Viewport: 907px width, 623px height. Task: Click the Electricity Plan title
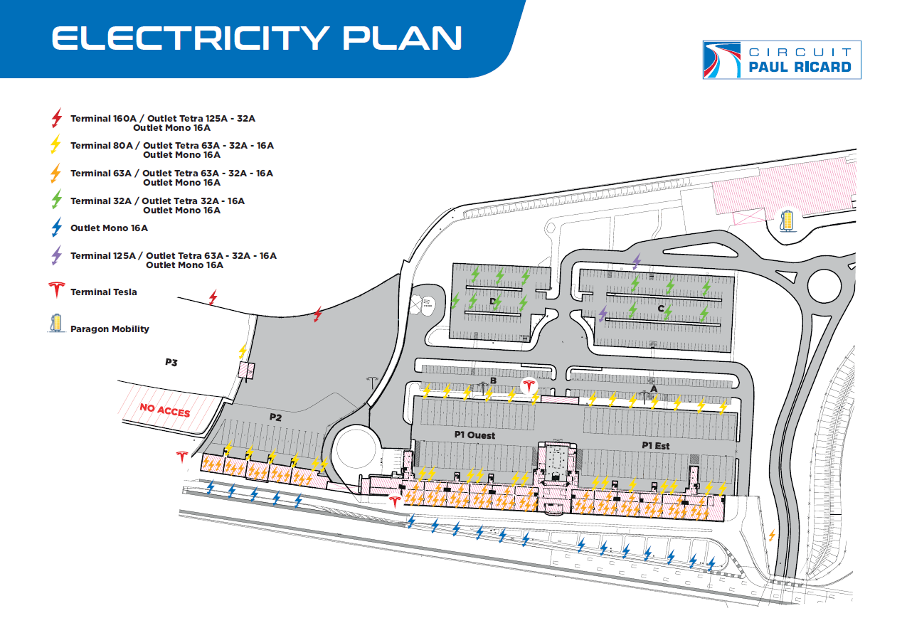[x=258, y=38]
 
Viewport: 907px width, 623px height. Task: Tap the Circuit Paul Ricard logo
[x=781, y=60]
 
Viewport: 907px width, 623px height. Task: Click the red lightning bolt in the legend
[x=58, y=118]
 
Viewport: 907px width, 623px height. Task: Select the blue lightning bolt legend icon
[x=58, y=228]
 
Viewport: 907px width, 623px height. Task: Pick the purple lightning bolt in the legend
[x=57, y=255]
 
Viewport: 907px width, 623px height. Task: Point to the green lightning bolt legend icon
[x=58, y=201]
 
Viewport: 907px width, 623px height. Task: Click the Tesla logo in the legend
[x=57, y=290]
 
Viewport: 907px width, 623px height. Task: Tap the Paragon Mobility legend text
[x=110, y=329]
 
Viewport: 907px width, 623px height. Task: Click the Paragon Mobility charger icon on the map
[x=787, y=220]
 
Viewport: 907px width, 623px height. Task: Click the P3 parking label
[x=171, y=362]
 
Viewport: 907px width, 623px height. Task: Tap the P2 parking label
[x=275, y=417]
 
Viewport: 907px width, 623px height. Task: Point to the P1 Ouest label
[x=474, y=435]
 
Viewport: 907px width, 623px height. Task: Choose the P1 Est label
[x=655, y=445]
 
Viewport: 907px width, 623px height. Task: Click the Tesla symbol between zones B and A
[x=528, y=386]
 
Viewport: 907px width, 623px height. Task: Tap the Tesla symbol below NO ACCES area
[x=181, y=457]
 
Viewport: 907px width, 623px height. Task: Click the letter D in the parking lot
[x=492, y=302]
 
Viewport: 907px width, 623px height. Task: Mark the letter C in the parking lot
[x=661, y=309]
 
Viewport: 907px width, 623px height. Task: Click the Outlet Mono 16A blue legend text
[x=109, y=228]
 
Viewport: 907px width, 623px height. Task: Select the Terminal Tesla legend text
[x=104, y=292]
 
